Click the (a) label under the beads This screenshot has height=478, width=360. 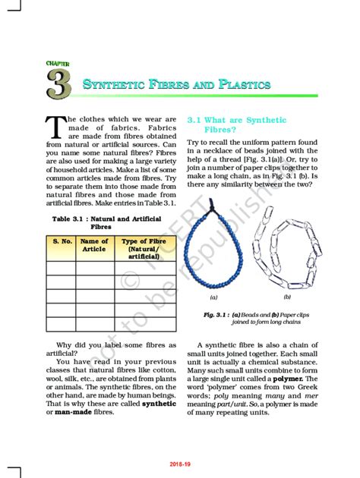coord(214,298)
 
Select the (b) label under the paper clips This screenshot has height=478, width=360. coord(287,297)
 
